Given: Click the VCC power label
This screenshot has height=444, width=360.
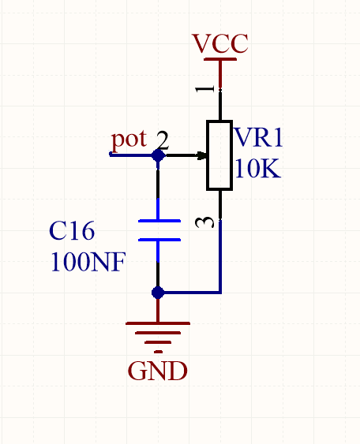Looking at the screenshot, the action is click(x=220, y=43).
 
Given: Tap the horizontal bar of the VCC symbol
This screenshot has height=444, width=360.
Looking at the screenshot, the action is click(x=220, y=59).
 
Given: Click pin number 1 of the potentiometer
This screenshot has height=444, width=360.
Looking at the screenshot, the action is click(x=204, y=89).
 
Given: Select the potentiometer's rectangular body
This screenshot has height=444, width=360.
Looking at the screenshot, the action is click(x=219, y=155).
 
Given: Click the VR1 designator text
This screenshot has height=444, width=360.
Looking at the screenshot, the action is click(x=258, y=137).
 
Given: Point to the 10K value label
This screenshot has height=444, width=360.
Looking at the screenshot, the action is click(x=257, y=168).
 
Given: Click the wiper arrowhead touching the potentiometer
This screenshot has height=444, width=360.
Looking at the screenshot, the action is click(x=202, y=155).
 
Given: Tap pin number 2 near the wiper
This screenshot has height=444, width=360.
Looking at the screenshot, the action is click(x=163, y=140).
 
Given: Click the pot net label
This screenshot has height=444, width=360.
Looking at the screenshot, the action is click(x=129, y=140).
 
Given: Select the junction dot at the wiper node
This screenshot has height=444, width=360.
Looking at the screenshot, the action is click(x=158, y=155).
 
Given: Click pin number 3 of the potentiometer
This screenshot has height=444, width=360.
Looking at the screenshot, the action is click(x=204, y=222).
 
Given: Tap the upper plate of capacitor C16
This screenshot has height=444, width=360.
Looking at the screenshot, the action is click(x=159, y=221).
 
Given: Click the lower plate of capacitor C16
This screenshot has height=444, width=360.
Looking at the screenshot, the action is click(x=159, y=240).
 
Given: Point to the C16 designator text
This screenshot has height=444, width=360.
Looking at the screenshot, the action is click(x=72, y=231).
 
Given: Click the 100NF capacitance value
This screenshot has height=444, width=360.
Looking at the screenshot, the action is click(x=88, y=262).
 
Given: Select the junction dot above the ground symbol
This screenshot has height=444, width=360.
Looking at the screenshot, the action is click(x=158, y=293).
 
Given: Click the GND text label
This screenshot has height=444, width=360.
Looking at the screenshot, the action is click(x=158, y=371).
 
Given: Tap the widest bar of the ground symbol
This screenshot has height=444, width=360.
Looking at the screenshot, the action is click(x=158, y=323).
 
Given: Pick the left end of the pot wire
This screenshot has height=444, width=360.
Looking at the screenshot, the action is click(x=111, y=154).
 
